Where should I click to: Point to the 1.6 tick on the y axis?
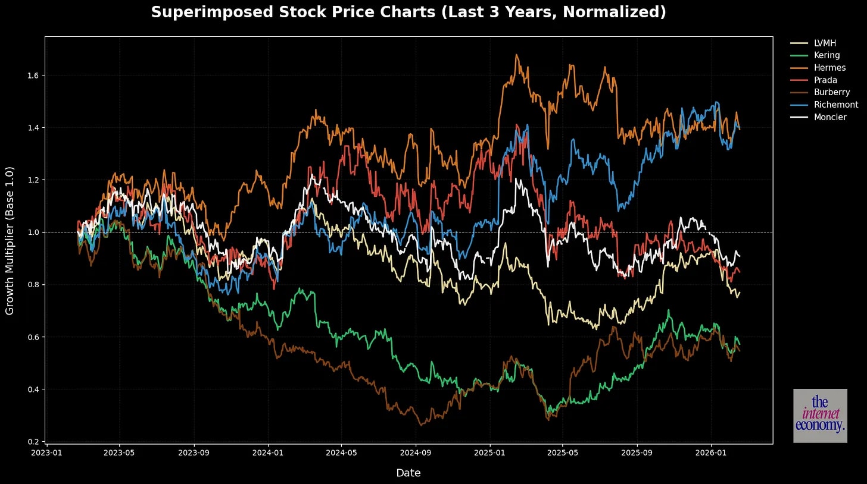click(x=35, y=76)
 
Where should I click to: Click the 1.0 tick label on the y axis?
click(x=35, y=232)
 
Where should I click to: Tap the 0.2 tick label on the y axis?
click(x=35, y=442)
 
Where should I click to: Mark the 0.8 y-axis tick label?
click(x=35, y=285)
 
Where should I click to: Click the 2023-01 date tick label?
click(x=47, y=452)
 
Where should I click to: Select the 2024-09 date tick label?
click(x=415, y=452)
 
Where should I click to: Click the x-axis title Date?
click(x=408, y=473)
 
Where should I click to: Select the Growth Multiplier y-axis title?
click(x=10, y=241)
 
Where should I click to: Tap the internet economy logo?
click(x=820, y=416)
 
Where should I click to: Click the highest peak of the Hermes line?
click(x=516, y=55)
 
